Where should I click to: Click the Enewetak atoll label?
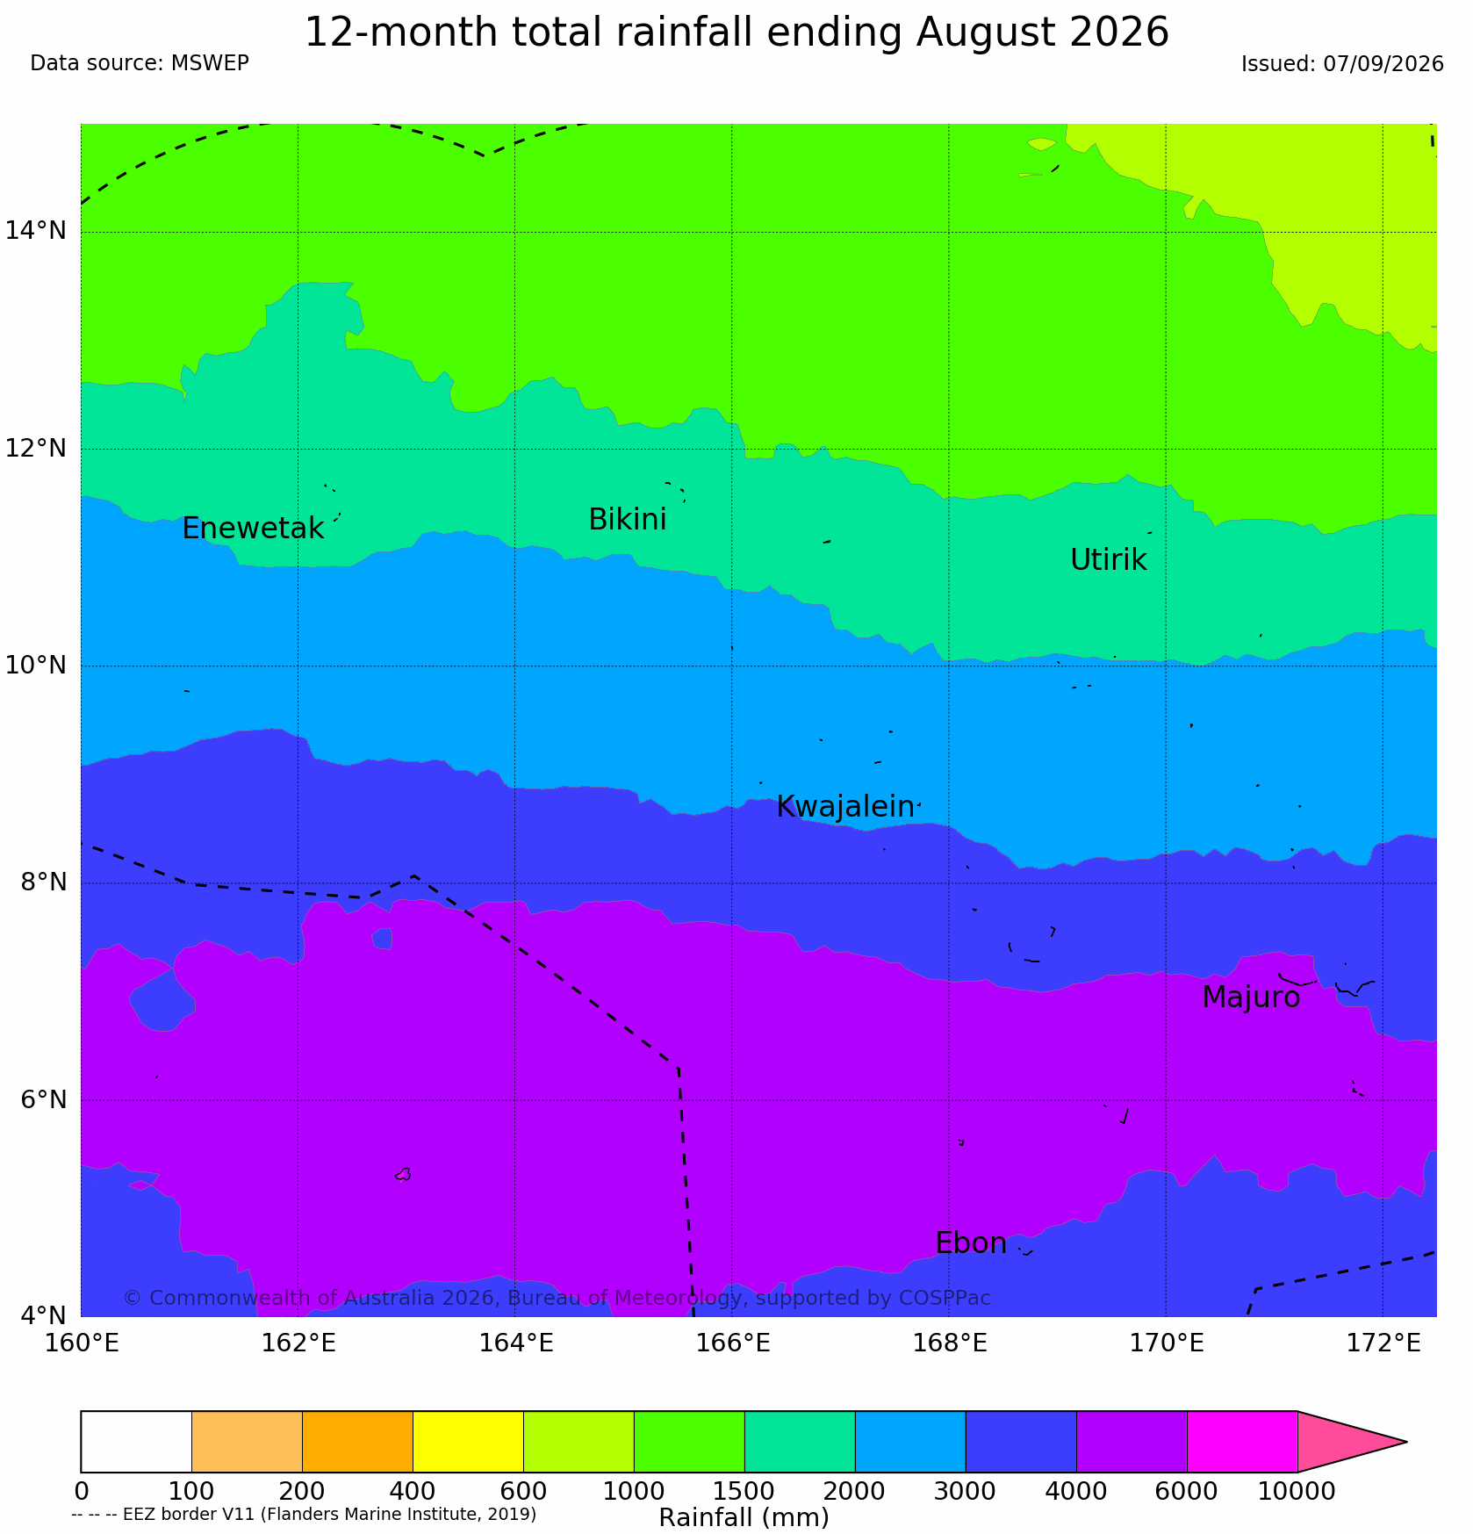[x=253, y=529]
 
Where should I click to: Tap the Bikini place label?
[x=627, y=520]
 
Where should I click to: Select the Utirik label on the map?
[x=1108, y=559]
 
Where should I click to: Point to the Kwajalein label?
[x=845, y=807]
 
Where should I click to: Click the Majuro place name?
[x=1251, y=997]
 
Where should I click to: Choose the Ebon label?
[x=971, y=1243]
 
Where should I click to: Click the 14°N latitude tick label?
[x=35, y=231]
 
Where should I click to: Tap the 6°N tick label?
[x=43, y=1099]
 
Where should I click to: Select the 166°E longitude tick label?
[x=733, y=1343]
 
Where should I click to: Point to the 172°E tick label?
[x=1383, y=1343]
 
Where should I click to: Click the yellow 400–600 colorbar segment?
[x=468, y=1442]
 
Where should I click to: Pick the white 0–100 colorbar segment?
[x=136, y=1442]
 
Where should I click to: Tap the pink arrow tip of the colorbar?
[x=1406, y=1442]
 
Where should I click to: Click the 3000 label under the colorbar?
[x=966, y=1491]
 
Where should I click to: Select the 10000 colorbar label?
[x=1297, y=1491]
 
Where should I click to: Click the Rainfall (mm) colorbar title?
[x=744, y=1517]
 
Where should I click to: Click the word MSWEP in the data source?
[x=210, y=63]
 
